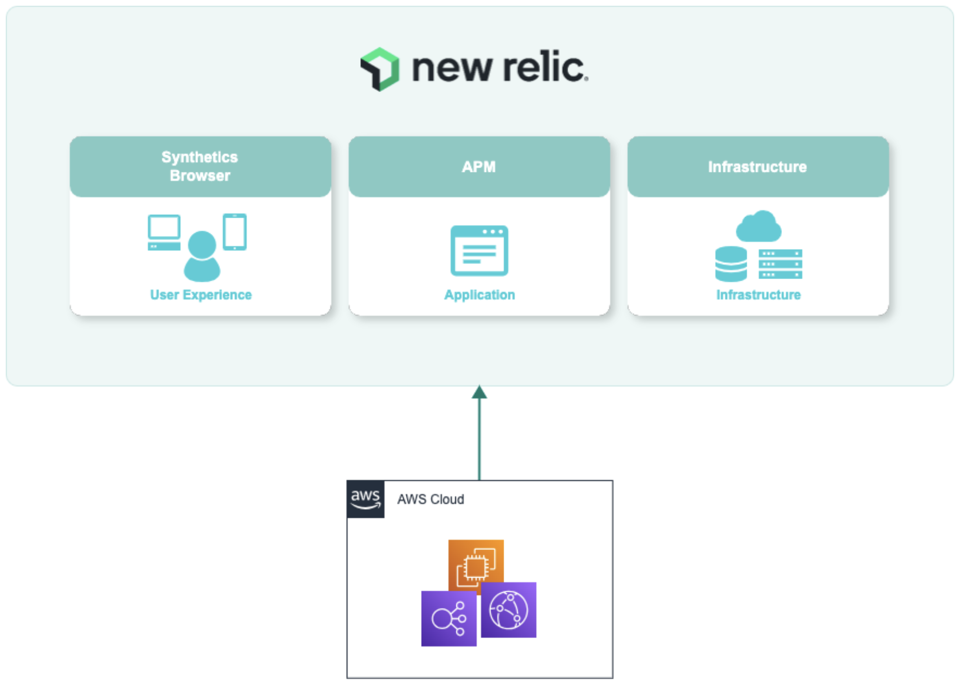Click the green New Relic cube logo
(380, 69)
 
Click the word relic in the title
(543, 67)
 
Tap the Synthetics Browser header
(200, 166)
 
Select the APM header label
(479, 167)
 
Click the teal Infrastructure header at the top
(757, 167)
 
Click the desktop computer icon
(164, 232)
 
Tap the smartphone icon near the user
(234, 231)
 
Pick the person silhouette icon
(202, 256)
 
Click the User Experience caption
(201, 295)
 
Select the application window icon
(479, 251)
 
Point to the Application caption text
(479, 295)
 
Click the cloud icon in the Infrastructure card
(758, 227)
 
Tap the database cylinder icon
(731, 263)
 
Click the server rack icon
(780, 264)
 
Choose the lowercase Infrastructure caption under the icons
(758, 295)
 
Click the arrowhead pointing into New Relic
(479, 392)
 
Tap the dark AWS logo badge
(365, 499)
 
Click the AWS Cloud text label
(430, 499)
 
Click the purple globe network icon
(508, 610)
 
